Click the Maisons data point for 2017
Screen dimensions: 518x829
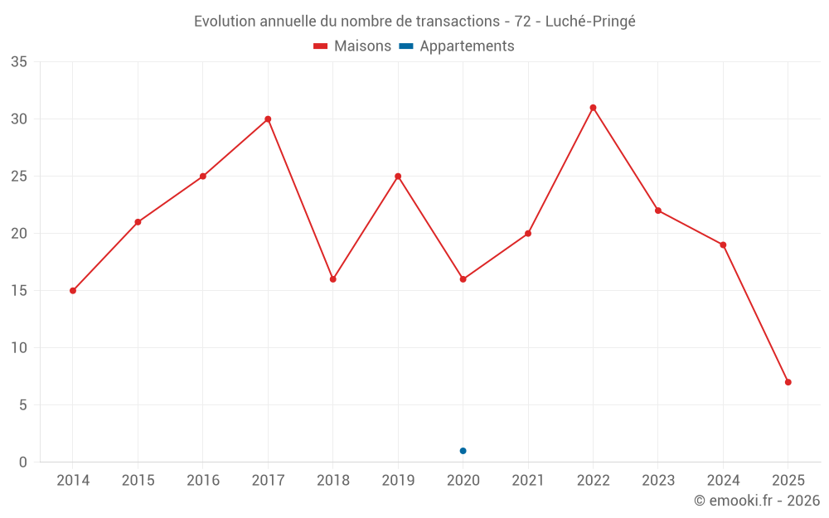click(268, 119)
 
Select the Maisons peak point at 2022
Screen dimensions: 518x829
click(593, 108)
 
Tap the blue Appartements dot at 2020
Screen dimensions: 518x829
click(463, 451)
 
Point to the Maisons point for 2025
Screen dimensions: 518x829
click(788, 382)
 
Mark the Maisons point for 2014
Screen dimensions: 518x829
click(73, 291)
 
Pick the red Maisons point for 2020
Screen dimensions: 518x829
click(463, 279)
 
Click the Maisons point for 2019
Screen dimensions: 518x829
click(398, 177)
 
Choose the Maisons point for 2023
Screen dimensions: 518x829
click(658, 211)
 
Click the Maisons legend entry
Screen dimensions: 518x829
click(352, 46)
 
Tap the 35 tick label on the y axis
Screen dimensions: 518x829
click(19, 62)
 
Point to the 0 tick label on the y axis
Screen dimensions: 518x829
click(23, 462)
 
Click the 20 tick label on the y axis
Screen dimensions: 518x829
click(19, 234)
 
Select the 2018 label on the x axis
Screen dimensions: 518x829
click(332, 481)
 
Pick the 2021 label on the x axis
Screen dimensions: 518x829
click(528, 481)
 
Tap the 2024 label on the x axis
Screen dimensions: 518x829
click(723, 481)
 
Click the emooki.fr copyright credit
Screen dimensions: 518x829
click(757, 501)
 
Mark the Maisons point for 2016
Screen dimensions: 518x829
click(203, 177)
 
